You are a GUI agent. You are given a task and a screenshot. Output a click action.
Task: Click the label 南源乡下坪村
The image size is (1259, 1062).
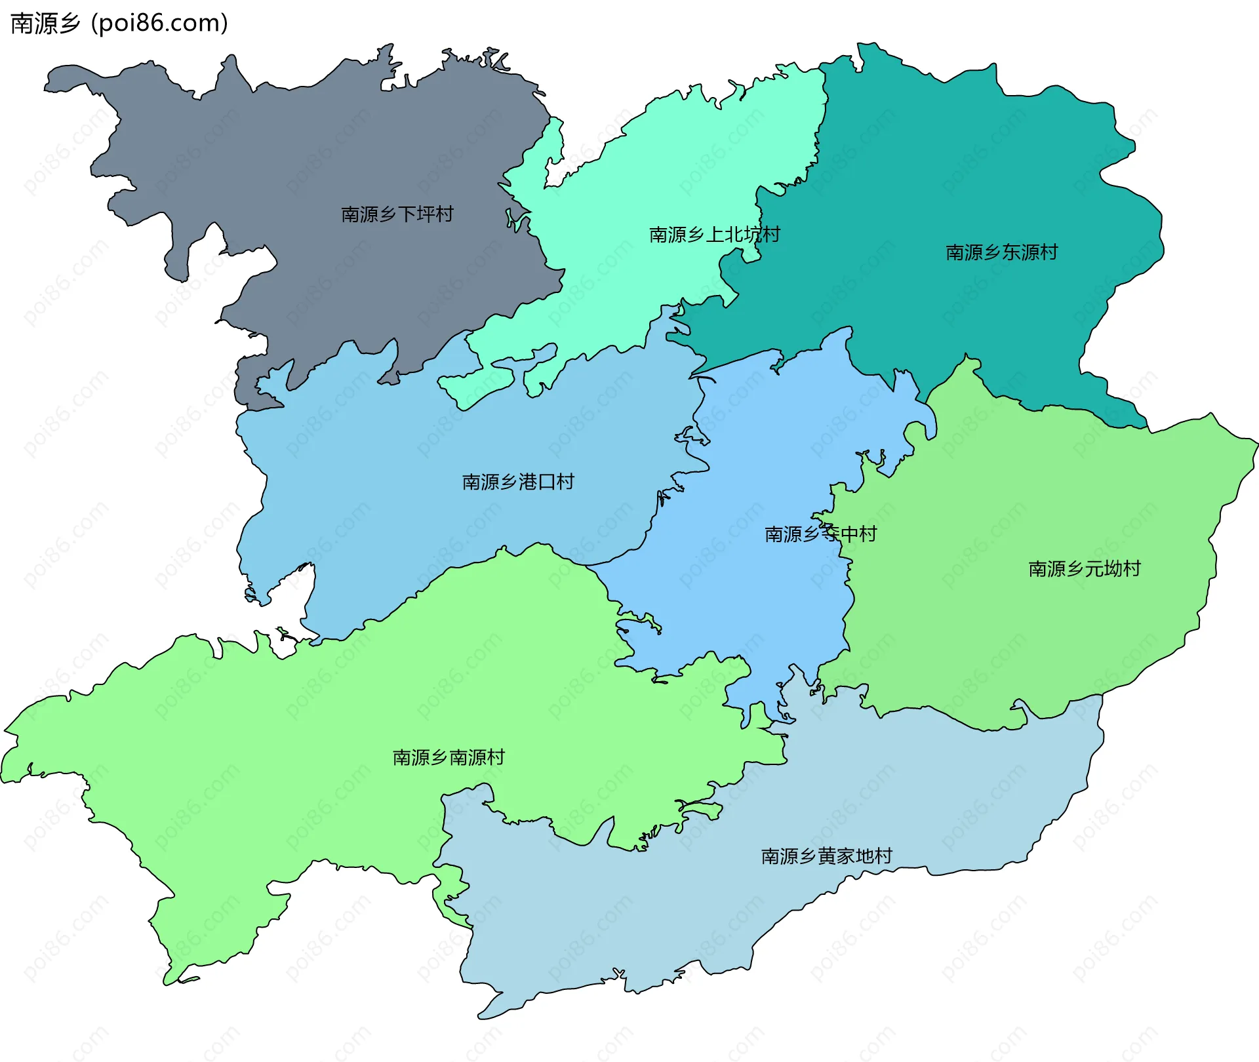click(397, 214)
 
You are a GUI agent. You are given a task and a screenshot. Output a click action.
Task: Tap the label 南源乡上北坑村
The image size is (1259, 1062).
click(714, 235)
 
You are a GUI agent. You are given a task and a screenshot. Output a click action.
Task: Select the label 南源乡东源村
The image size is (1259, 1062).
click(1001, 252)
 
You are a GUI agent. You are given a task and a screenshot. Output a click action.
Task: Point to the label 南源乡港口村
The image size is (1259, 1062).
click(518, 482)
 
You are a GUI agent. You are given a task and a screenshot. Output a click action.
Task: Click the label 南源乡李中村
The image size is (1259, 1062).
click(820, 534)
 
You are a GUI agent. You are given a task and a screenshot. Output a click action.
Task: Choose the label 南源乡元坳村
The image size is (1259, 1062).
click(1085, 568)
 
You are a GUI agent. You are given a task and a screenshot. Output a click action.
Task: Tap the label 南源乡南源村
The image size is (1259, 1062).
click(449, 758)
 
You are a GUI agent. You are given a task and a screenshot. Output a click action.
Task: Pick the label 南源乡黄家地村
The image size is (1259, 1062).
click(826, 856)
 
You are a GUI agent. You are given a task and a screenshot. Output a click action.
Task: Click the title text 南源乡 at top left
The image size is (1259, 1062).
click(45, 24)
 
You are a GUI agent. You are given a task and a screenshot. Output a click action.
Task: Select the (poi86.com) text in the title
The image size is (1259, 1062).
click(160, 24)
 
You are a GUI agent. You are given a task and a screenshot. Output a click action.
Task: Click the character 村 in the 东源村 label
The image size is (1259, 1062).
click(1049, 252)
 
